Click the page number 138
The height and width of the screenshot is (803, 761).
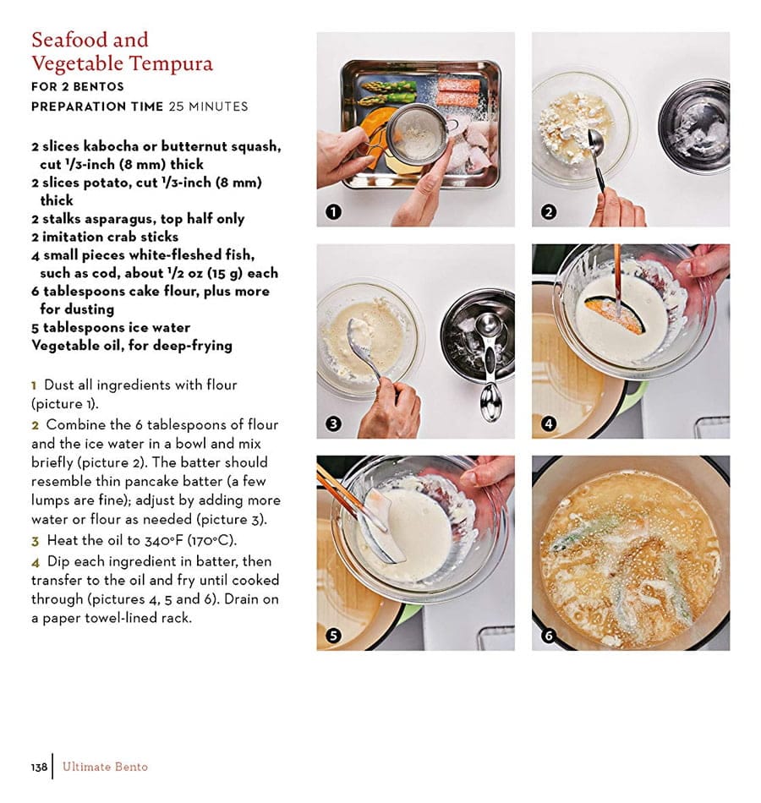coord(39,767)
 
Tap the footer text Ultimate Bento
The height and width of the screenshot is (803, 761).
coord(103,767)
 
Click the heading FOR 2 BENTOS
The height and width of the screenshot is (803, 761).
coord(78,86)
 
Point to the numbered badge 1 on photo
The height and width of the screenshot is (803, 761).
coord(333,212)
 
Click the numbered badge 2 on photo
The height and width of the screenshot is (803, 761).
coord(548,212)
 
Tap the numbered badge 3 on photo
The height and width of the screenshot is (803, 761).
coord(333,423)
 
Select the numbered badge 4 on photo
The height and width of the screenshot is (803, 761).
coord(548,423)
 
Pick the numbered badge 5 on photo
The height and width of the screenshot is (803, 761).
coord(333,635)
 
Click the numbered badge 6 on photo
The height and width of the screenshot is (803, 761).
coord(548,635)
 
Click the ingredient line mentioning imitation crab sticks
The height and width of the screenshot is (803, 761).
coord(105,237)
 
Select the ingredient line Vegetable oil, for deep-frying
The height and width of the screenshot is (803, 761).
coord(131,345)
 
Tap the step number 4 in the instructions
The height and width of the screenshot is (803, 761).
coord(36,561)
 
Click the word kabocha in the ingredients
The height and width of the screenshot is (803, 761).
coord(112,146)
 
